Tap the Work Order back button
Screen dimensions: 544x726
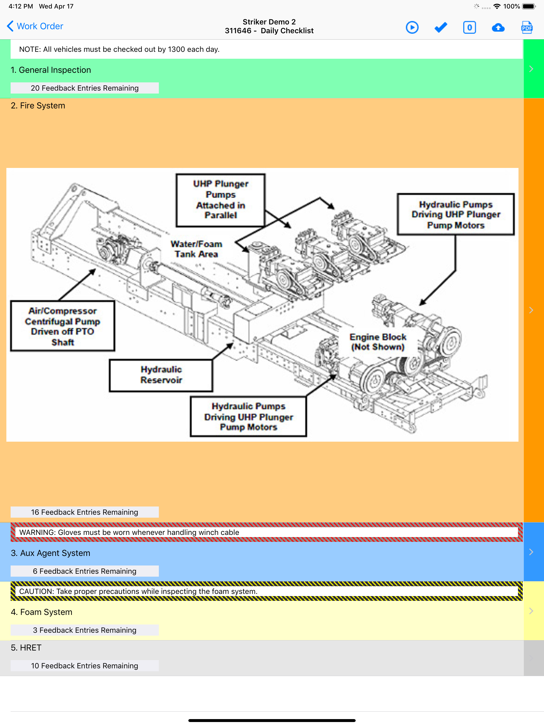click(x=35, y=26)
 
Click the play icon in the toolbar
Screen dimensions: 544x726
click(x=412, y=27)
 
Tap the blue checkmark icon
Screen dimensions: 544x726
click(x=441, y=27)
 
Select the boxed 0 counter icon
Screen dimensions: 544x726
click(x=470, y=27)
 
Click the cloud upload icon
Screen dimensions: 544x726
click(x=498, y=28)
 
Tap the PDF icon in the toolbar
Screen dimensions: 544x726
click(x=527, y=27)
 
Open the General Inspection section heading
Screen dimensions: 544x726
click(x=51, y=70)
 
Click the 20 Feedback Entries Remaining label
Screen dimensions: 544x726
click(x=85, y=88)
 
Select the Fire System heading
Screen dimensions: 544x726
click(x=38, y=106)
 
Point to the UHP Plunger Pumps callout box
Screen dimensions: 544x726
click(x=220, y=200)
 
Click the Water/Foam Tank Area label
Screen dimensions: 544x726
click(x=196, y=249)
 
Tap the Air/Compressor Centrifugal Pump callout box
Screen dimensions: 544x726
click(x=63, y=326)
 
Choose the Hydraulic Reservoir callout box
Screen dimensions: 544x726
click(x=161, y=375)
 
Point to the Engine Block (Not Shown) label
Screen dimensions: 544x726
click(x=378, y=342)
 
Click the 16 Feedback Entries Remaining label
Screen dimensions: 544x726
click(x=85, y=512)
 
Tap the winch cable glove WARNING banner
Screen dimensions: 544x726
click(x=266, y=532)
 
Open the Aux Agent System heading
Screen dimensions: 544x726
click(x=50, y=553)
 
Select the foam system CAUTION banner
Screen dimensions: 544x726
click(x=266, y=591)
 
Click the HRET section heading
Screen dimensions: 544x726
click(x=26, y=648)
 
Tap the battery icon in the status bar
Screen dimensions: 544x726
click(x=529, y=6)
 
